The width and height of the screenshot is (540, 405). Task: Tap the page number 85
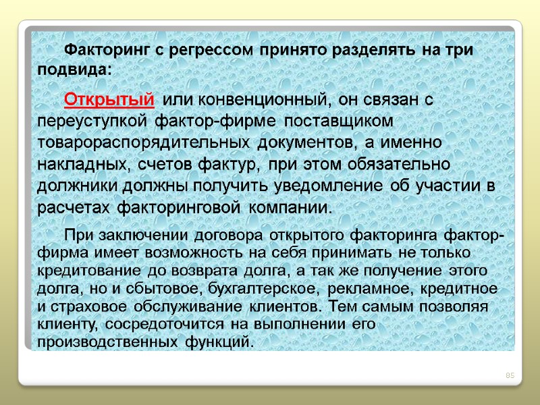click(x=510, y=376)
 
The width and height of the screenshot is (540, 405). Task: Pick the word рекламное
click(x=358, y=289)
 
